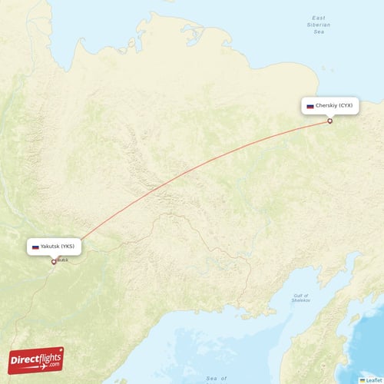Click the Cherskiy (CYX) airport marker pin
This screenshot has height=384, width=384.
pyautogui.click(x=329, y=121)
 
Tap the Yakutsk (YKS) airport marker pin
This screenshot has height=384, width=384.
pyautogui.click(x=54, y=261)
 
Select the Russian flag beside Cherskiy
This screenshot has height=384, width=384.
pyautogui.click(x=310, y=107)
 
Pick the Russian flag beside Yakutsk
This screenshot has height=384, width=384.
pyautogui.click(x=35, y=247)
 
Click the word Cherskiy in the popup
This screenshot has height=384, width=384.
pyautogui.click(x=327, y=107)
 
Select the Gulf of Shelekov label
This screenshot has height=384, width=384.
pyautogui.click(x=300, y=297)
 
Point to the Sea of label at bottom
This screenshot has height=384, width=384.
pyautogui.click(x=217, y=379)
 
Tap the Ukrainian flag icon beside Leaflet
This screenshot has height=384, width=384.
pyautogui.click(x=362, y=379)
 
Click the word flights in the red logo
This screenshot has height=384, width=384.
pyautogui.click(x=45, y=357)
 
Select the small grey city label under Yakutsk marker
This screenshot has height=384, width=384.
pyautogui.click(x=62, y=260)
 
